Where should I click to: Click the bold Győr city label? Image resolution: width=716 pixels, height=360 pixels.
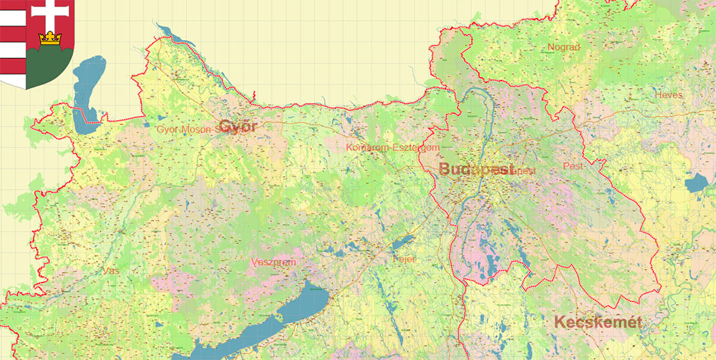coord(238,127)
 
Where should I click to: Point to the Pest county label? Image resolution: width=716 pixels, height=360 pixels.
coord(574,166)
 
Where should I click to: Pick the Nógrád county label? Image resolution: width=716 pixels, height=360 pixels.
coord(563,47)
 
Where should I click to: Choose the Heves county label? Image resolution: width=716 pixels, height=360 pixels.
coord(668,94)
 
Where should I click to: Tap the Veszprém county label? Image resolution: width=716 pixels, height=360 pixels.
coord(273,263)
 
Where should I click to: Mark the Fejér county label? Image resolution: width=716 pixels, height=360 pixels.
coord(405,258)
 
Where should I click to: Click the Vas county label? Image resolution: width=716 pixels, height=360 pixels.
coord(111,271)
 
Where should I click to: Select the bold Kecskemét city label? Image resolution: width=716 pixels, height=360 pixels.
coord(598,323)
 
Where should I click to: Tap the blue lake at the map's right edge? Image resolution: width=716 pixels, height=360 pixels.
coord(695,183)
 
